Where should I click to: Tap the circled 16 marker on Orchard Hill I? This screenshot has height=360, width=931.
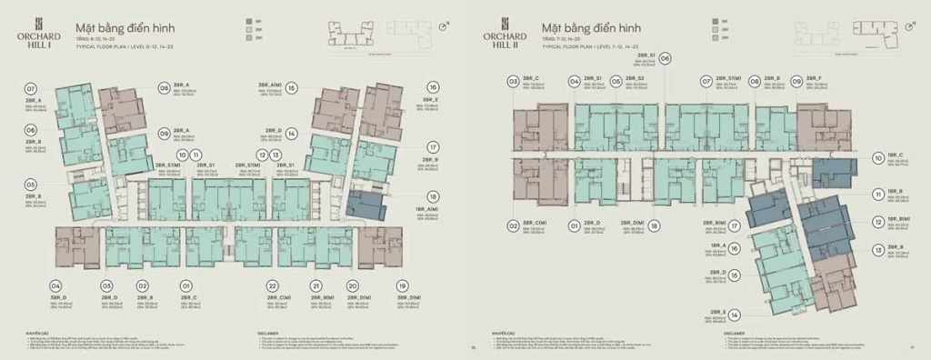point(434,87)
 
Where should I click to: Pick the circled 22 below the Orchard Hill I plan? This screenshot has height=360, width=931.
point(272,285)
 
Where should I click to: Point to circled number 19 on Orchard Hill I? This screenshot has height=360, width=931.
point(403,285)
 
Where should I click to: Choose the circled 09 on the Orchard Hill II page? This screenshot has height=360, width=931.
point(796,81)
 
